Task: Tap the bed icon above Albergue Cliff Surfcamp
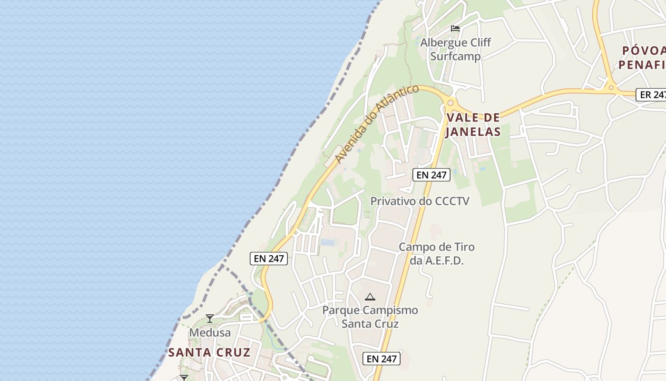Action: click(455, 29)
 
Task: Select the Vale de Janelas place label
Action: click(473, 124)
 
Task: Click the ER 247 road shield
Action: click(652, 94)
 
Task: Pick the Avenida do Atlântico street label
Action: click(376, 123)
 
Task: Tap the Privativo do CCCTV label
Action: click(420, 201)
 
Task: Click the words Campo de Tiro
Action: click(436, 247)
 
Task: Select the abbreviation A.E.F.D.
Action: click(443, 261)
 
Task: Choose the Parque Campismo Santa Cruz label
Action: click(370, 317)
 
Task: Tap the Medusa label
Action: click(210, 332)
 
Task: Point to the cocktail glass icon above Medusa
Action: click(209, 319)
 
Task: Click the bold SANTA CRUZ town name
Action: click(209, 352)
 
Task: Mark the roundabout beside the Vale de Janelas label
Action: click(450, 102)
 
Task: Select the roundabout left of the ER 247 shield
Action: click(611, 87)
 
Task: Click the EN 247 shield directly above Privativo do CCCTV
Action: click(431, 175)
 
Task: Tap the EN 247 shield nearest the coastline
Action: click(269, 259)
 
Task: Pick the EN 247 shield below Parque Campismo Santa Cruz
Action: click(382, 359)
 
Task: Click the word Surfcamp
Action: click(455, 56)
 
